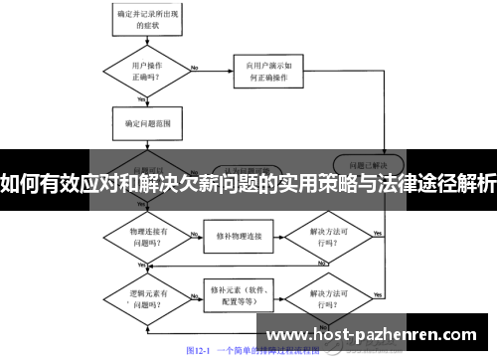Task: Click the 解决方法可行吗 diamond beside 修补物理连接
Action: (x=331, y=237)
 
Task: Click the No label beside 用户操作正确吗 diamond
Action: (x=194, y=68)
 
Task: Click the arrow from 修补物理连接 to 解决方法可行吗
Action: (x=282, y=237)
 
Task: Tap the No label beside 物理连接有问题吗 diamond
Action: (x=191, y=232)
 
